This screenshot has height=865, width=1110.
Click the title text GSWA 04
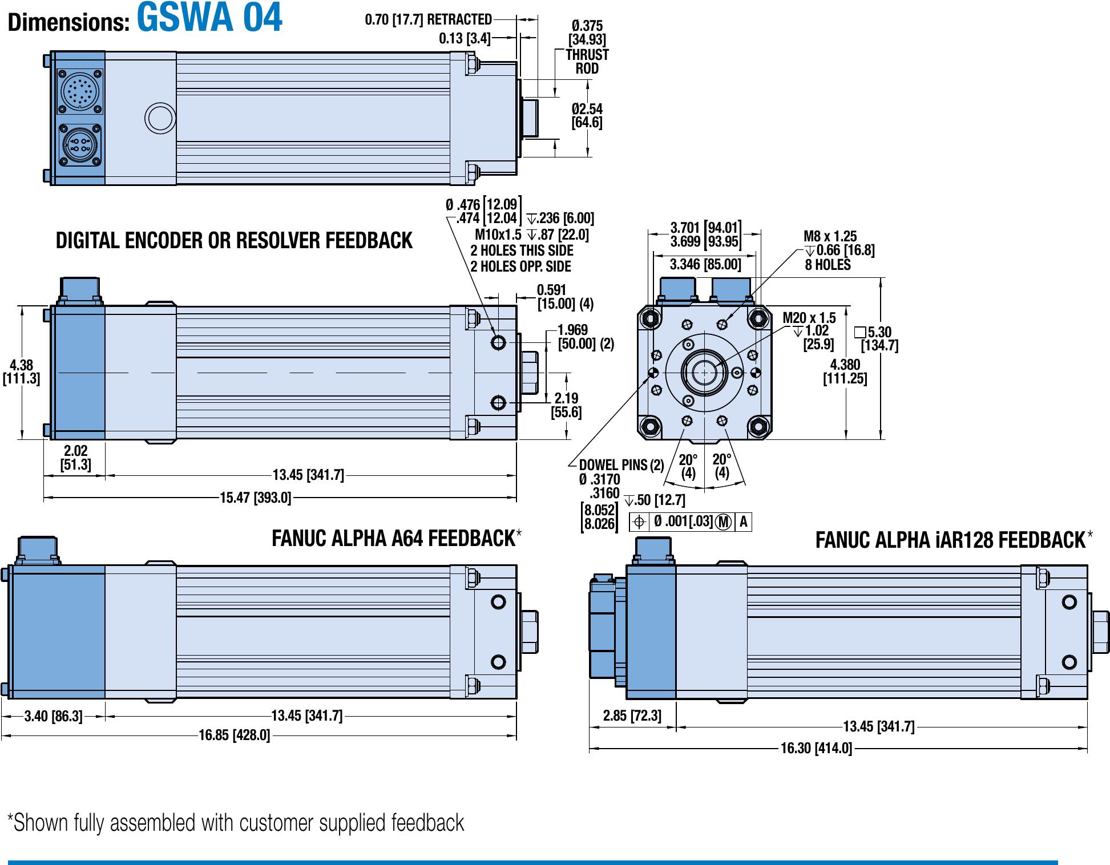point(209,18)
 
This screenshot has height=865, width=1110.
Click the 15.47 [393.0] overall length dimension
point(255,498)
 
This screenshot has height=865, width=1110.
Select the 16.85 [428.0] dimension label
point(234,735)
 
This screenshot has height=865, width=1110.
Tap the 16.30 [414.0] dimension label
point(816,748)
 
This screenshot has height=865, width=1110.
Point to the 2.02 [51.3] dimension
point(75,458)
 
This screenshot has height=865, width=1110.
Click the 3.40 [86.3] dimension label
point(53,716)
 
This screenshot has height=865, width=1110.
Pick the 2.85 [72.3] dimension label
point(632,716)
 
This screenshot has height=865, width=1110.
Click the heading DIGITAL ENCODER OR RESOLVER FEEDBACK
point(234,241)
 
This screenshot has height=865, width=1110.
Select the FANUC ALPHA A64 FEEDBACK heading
point(393,539)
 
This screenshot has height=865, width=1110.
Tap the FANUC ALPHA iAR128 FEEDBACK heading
point(950,540)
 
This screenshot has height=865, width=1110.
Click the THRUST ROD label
point(587,62)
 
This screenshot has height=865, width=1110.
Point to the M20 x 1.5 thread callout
point(809,318)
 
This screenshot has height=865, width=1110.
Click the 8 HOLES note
point(828,265)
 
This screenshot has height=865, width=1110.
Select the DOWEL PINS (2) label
point(621,465)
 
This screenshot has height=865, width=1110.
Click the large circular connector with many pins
point(80,91)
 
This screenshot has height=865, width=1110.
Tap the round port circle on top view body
point(159,118)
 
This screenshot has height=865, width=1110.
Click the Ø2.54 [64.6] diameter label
point(587,116)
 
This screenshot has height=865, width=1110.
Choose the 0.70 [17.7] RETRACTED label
point(428,19)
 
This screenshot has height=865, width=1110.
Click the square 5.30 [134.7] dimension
point(879,339)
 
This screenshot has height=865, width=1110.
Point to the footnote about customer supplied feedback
point(236,823)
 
